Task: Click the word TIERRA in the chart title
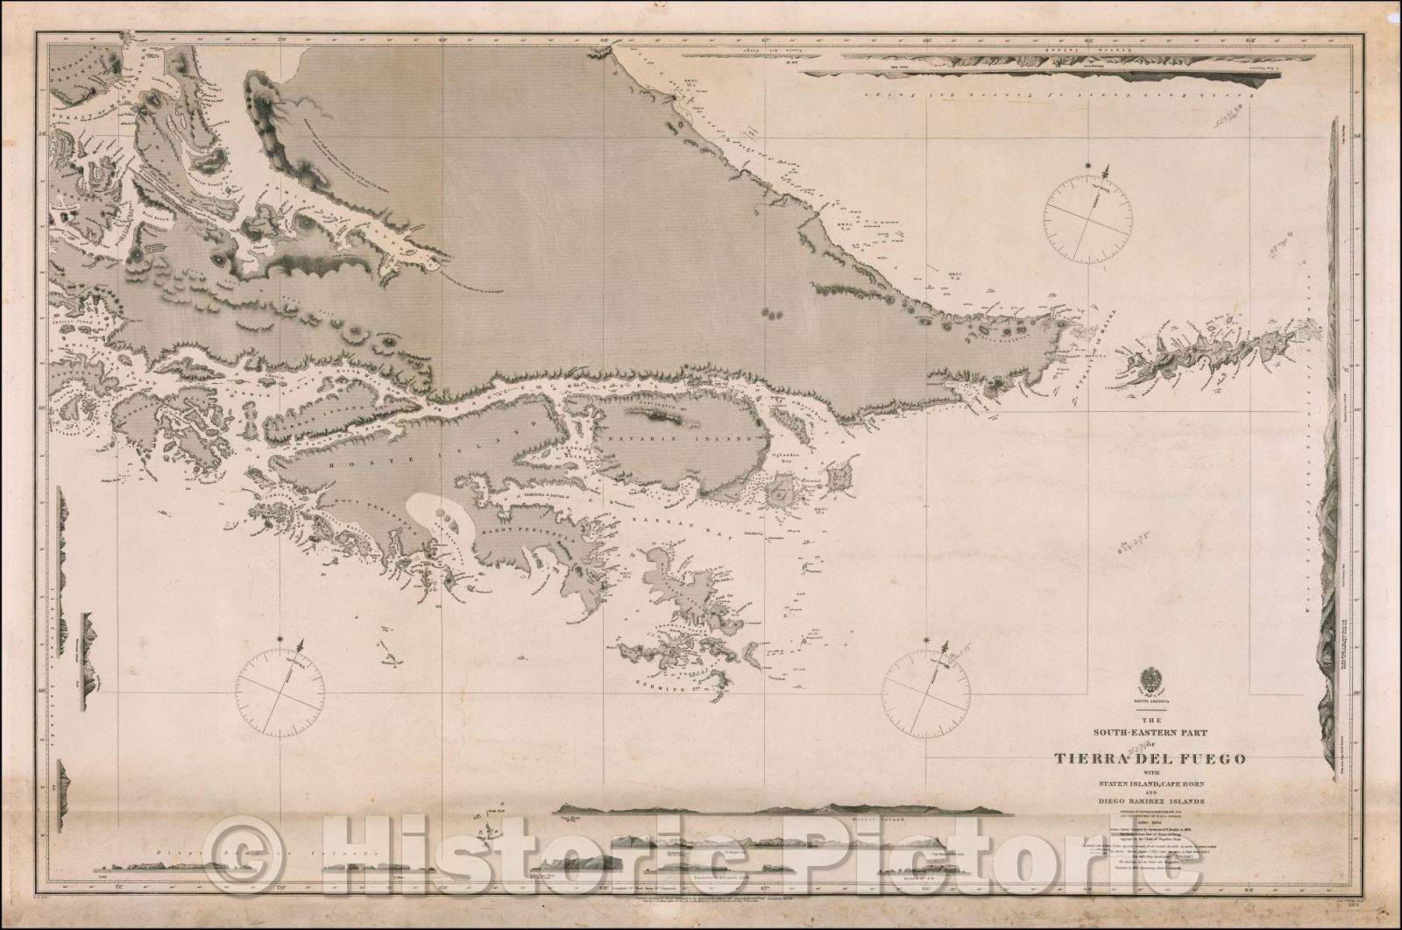[1069, 759]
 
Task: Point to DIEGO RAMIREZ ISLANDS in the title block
[1129, 801]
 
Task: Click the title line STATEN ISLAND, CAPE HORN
[1129, 785]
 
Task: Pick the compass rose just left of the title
[928, 688]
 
